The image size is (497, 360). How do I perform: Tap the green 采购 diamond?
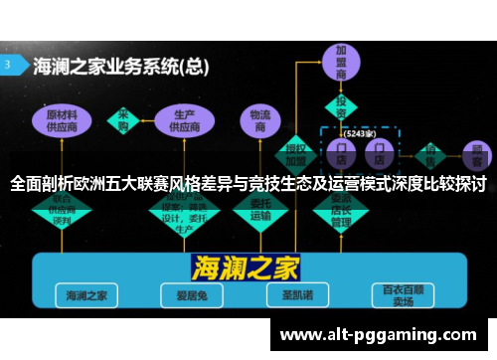pos(124,119)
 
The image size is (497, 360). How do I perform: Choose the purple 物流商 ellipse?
pos(261,121)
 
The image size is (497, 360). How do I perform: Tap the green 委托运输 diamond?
pos(261,209)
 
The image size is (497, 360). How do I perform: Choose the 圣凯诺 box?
pos(294,295)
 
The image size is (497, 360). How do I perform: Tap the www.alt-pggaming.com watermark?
pos(380,334)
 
